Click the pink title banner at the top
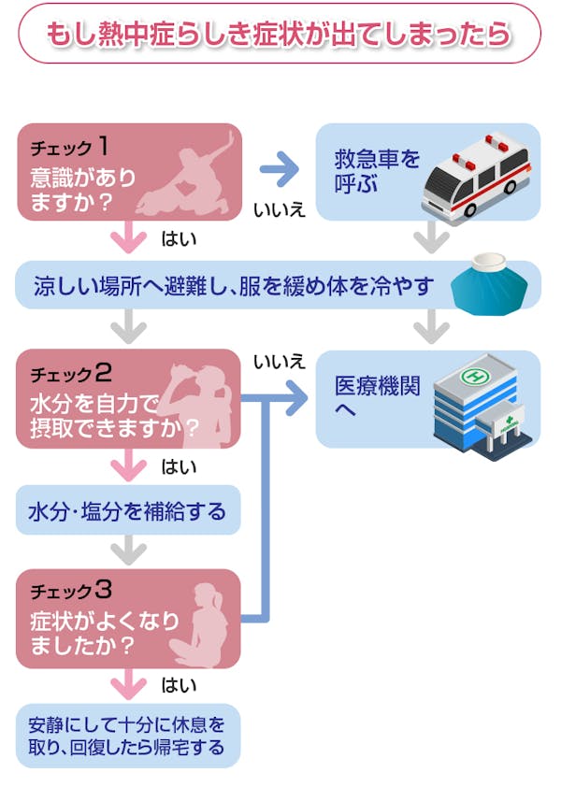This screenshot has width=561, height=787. (x=280, y=34)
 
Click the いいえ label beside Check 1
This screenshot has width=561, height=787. (x=280, y=210)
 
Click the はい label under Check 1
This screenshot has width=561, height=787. (x=178, y=240)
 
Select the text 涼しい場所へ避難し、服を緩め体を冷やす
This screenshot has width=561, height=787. (x=234, y=285)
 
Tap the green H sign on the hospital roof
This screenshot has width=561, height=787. (x=477, y=376)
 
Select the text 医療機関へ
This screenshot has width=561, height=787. (x=370, y=396)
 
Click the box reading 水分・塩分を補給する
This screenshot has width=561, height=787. (x=127, y=511)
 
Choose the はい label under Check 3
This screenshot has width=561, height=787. (x=179, y=686)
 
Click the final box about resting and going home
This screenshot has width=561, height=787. (x=127, y=736)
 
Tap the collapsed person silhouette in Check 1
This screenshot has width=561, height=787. (x=187, y=176)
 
